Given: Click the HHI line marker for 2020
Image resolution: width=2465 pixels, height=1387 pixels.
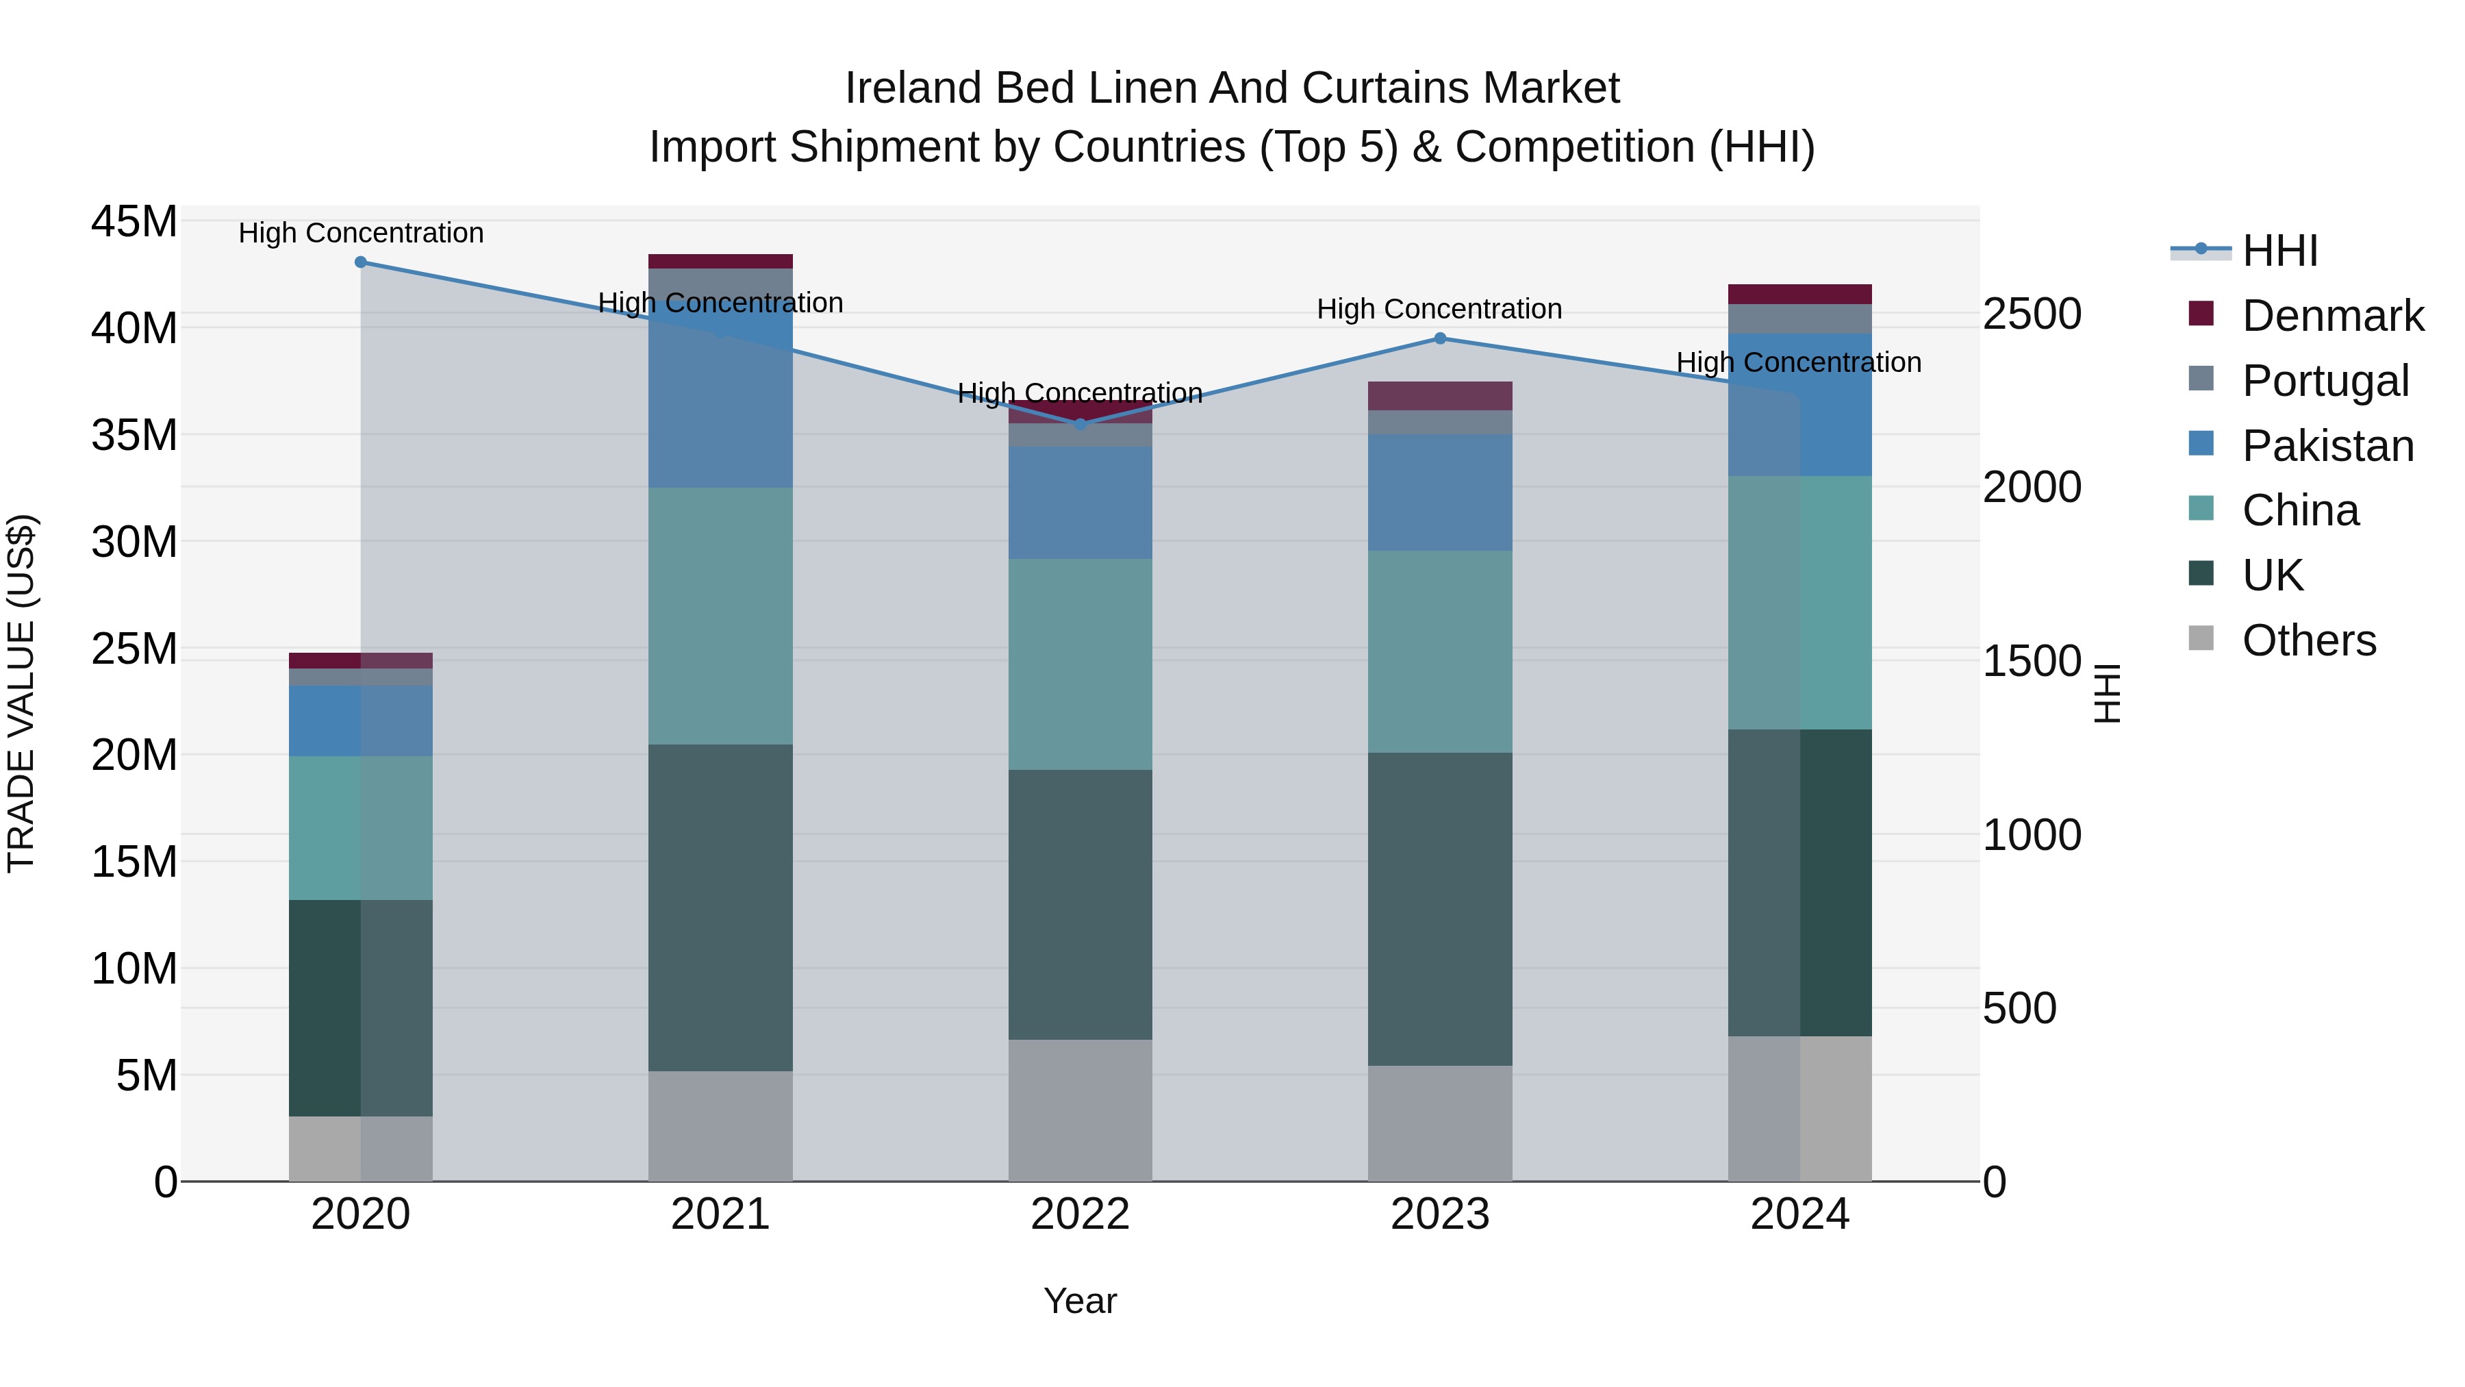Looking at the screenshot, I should [361, 262].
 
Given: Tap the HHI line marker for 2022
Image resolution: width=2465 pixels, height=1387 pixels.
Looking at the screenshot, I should [1080, 424].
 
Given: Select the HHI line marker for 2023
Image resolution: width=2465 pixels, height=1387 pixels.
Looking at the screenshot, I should [1440, 338].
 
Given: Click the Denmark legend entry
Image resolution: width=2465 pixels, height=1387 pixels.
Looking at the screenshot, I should [2332, 316].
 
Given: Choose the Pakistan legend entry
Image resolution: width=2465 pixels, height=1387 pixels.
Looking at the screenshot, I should [2327, 446].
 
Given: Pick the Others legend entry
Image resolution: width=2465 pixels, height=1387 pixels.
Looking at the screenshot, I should [2308, 640].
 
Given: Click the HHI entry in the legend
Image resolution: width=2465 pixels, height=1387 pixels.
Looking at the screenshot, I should [2279, 251].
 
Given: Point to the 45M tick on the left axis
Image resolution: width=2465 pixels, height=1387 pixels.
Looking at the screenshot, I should [134, 222].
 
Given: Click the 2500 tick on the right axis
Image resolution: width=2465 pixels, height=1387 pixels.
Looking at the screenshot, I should [2032, 314].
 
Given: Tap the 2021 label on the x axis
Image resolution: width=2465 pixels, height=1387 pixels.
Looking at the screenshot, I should [720, 1214].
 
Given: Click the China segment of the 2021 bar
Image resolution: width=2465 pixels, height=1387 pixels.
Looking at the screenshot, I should [720, 616].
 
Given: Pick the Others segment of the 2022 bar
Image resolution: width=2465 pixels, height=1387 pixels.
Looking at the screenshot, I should [1080, 1110].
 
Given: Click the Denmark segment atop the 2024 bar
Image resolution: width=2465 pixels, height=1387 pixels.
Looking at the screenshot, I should [1800, 294].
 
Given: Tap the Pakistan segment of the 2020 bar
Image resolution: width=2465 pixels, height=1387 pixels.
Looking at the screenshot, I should [361, 720].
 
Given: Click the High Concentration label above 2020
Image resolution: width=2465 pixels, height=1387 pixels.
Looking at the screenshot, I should [361, 233].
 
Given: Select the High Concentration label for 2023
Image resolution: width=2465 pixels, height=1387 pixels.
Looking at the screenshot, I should [1439, 309].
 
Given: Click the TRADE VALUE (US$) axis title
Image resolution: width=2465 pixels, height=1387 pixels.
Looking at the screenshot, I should [21, 693].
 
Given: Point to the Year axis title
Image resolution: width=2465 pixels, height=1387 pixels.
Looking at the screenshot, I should [1080, 1301].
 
